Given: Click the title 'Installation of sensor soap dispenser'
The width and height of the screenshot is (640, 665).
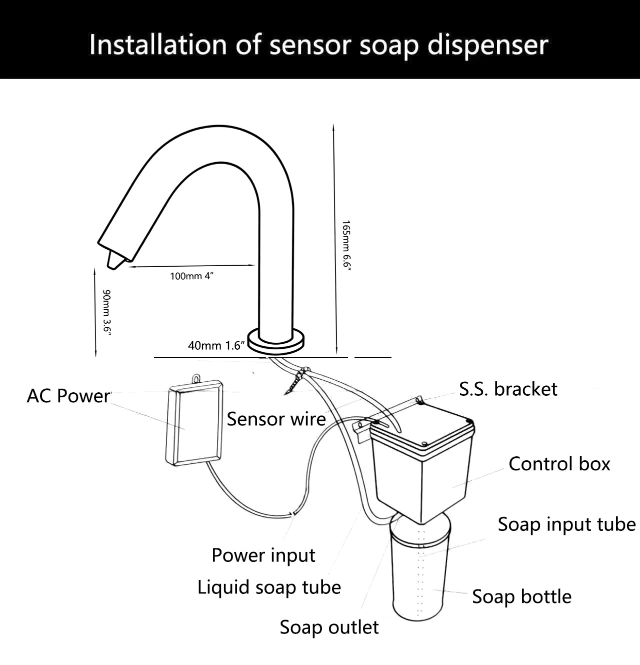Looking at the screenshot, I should (x=319, y=45).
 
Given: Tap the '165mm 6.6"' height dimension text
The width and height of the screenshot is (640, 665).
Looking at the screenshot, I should (x=346, y=246).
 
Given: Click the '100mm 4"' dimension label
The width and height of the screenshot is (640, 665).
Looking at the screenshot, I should (x=191, y=276).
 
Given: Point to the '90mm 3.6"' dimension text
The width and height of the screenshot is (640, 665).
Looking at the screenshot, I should (x=106, y=311).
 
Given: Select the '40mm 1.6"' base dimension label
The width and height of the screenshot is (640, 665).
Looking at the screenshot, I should (x=216, y=345).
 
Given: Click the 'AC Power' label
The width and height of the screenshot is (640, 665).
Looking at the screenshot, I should (x=68, y=396).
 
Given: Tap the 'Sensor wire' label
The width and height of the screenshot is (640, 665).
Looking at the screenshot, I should (x=276, y=419).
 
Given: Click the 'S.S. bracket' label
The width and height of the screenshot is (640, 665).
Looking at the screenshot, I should (x=508, y=389).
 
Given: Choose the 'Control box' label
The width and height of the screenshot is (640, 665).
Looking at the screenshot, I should (x=559, y=464).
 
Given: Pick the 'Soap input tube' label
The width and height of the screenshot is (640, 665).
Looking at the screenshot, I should (x=566, y=524).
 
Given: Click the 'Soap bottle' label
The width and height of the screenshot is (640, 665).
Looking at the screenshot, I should (x=521, y=596).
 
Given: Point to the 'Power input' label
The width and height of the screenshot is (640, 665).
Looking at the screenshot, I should (x=263, y=555).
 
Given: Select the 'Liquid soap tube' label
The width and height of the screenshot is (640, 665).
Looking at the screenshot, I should (x=269, y=587).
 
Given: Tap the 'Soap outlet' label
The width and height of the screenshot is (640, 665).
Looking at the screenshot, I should (x=329, y=627).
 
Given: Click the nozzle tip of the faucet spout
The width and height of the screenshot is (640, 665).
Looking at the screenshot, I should (x=114, y=260).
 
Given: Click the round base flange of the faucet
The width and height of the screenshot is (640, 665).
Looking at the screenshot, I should (x=276, y=341).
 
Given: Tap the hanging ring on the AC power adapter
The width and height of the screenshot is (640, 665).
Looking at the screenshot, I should (x=196, y=379).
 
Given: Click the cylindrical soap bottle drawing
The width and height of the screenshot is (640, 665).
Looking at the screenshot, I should (x=419, y=575).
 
